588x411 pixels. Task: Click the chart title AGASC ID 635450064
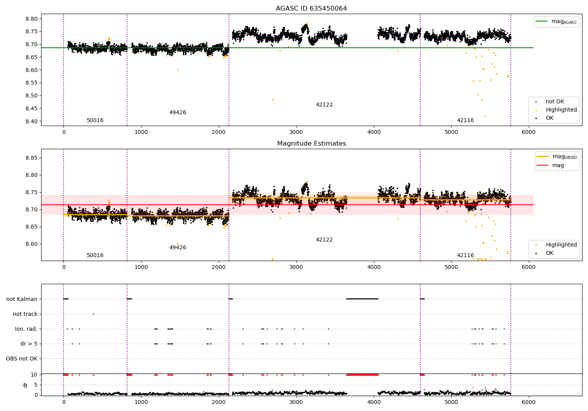(311, 9)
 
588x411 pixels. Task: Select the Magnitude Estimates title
(311, 144)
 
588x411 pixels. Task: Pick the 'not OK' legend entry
(555, 102)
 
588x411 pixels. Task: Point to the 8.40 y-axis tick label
(32, 121)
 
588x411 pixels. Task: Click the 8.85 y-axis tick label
(32, 158)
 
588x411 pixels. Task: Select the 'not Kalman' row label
(22, 299)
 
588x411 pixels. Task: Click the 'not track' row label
(25, 314)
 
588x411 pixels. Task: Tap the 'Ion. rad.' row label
(26, 329)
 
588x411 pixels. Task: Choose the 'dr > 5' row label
(29, 344)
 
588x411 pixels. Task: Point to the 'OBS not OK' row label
(22, 359)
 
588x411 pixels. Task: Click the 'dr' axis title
(25, 385)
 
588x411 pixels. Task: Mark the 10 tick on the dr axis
(34, 375)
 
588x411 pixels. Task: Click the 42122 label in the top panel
(324, 105)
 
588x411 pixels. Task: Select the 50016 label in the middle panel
(95, 256)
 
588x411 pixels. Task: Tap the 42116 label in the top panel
(465, 121)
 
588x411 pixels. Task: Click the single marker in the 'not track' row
(93, 314)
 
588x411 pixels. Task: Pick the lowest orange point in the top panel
(485, 116)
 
